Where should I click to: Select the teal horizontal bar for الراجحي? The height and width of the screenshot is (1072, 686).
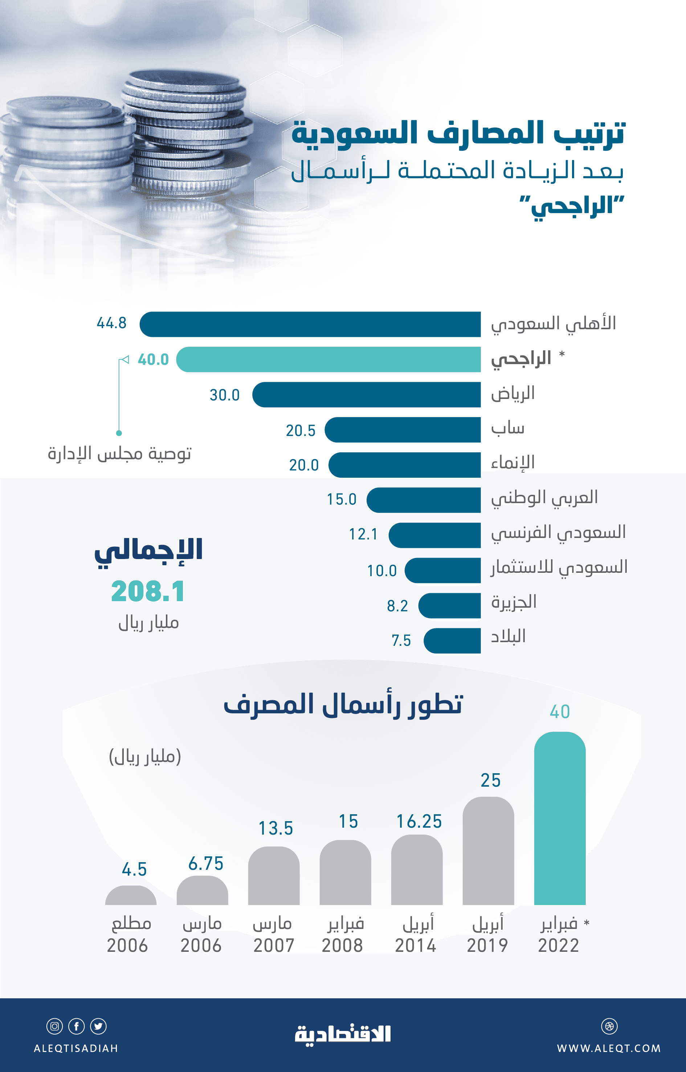click(x=328, y=359)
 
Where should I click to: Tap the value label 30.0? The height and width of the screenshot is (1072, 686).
click(x=225, y=395)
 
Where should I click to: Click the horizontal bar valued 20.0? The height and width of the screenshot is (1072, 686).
click(x=404, y=465)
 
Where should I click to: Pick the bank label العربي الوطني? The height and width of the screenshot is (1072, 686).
click(x=544, y=498)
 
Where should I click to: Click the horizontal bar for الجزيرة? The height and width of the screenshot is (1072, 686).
click(x=449, y=606)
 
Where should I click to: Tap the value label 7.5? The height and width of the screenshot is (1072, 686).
click(x=401, y=640)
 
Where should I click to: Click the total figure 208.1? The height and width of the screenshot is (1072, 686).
click(x=148, y=592)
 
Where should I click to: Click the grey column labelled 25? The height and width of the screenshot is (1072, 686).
click(x=488, y=851)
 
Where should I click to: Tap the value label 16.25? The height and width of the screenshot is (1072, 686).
click(x=419, y=821)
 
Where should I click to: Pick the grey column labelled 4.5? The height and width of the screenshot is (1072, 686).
click(x=131, y=896)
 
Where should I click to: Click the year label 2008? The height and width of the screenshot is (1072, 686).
click(x=342, y=945)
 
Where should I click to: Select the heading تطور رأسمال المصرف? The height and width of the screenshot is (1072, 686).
click(x=343, y=704)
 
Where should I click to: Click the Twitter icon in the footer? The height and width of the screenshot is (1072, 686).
click(x=98, y=1026)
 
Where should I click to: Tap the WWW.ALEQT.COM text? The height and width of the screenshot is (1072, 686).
click(x=608, y=1048)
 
